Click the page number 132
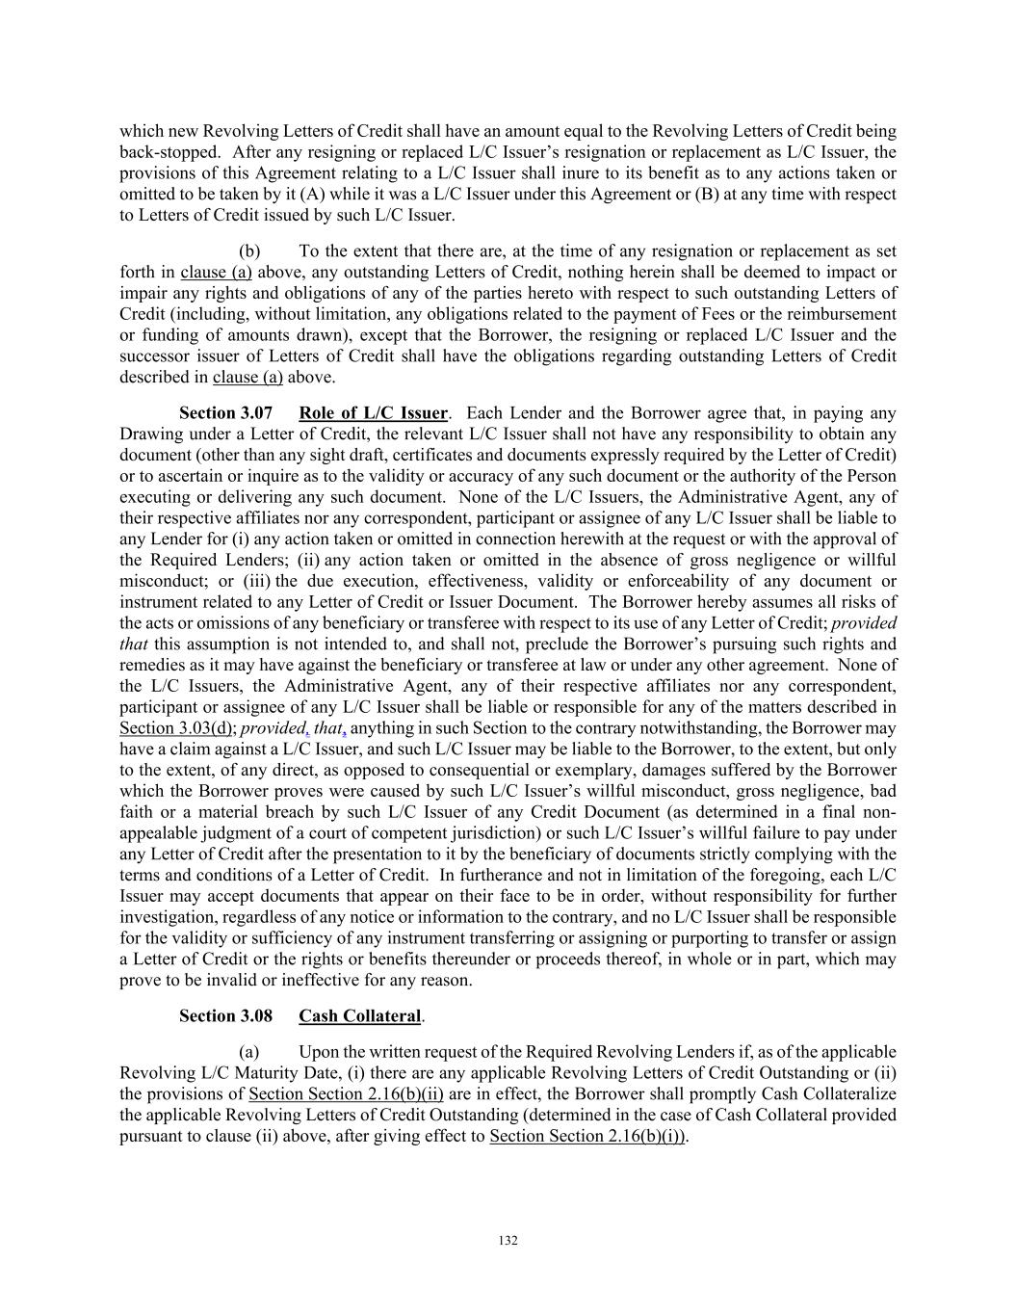pos(508,1241)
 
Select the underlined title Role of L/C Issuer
pos(373,413)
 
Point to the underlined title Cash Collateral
pos(359,1016)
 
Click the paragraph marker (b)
pos(249,251)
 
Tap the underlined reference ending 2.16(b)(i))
pos(588,1136)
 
